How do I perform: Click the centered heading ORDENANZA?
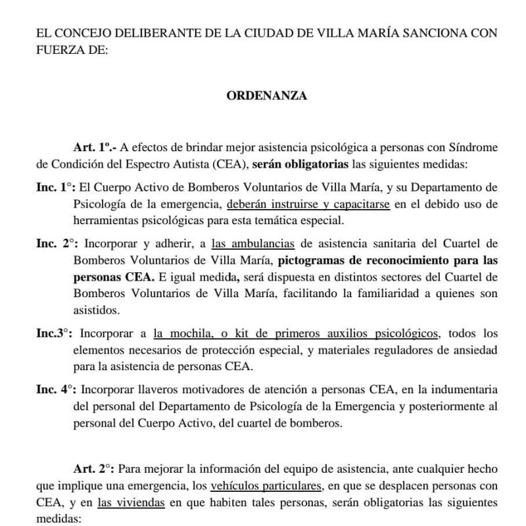pyautogui.click(x=267, y=96)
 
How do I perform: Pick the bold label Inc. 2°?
pyautogui.click(x=55, y=243)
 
